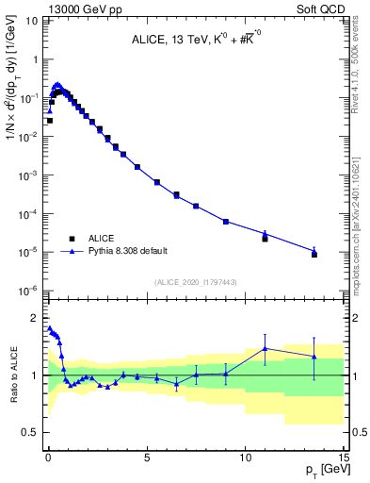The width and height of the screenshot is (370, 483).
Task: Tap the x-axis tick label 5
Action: [x=147, y=455]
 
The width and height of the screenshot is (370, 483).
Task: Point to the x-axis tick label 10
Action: [x=245, y=455]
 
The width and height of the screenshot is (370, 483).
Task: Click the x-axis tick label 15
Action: [x=343, y=455]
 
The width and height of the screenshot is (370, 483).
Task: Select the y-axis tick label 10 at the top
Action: [x=31, y=20]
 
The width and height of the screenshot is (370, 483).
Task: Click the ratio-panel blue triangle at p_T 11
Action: [x=265, y=348]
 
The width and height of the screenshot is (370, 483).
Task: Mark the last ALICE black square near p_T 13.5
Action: [x=314, y=255]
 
